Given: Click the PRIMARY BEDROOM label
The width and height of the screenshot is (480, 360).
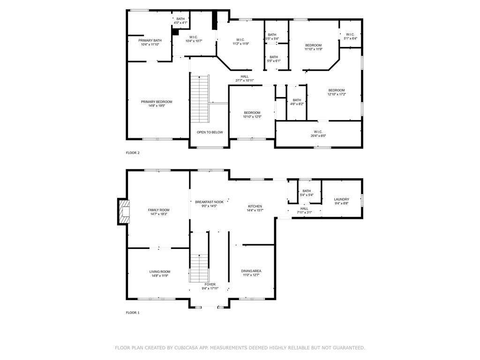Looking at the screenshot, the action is pyautogui.click(x=157, y=102).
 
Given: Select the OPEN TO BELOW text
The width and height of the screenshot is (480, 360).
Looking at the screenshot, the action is pyautogui.click(x=210, y=132).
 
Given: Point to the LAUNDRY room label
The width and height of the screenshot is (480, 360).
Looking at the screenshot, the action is pyautogui.click(x=341, y=199).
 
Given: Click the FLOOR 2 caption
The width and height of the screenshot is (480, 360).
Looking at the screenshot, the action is pyautogui.click(x=133, y=153).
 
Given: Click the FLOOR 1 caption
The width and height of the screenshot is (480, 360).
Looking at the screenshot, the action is pyautogui.click(x=133, y=313).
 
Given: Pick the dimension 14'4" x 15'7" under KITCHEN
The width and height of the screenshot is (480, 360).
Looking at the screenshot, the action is pyautogui.click(x=255, y=210).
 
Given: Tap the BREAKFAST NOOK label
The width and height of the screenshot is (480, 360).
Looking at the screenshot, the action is pyautogui.click(x=210, y=202).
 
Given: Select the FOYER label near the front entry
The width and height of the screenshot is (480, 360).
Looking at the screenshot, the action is pyautogui.click(x=210, y=285).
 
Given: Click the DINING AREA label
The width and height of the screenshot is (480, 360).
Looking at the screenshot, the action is pyautogui.click(x=251, y=271).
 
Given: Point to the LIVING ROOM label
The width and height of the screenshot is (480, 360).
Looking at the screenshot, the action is pyautogui.click(x=160, y=271).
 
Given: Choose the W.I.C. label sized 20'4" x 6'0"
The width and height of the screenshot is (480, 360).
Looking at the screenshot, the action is pyautogui.click(x=318, y=132).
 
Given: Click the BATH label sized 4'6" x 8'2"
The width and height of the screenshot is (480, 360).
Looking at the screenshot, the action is pyautogui.click(x=297, y=100).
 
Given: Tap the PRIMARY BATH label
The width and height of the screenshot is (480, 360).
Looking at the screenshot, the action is pyautogui.click(x=150, y=40).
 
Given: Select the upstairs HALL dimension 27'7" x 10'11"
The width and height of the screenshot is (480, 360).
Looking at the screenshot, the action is pyautogui.click(x=245, y=81).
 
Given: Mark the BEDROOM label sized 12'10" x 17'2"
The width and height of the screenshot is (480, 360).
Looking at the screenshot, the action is pyautogui.click(x=337, y=90).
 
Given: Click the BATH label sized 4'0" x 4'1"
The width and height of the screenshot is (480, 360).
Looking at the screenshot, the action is pyautogui.click(x=180, y=19).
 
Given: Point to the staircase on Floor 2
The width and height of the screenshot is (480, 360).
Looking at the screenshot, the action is pyautogui.click(x=200, y=98).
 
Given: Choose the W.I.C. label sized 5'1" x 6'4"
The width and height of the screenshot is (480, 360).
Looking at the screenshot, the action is pyautogui.click(x=350, y=34).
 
